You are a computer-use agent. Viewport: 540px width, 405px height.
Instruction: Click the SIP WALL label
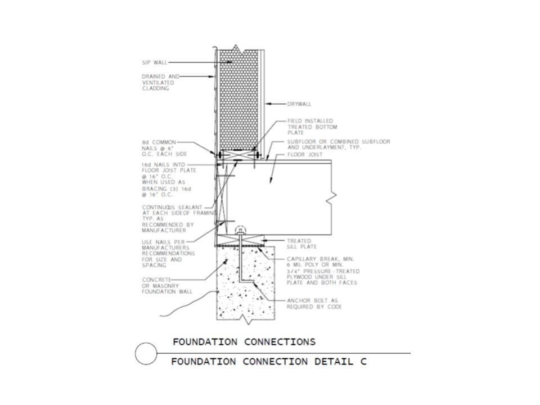click(155, 62)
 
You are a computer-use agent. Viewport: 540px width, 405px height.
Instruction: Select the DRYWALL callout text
click(299, 104)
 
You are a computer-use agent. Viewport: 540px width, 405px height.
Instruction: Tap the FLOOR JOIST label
click(305, 155)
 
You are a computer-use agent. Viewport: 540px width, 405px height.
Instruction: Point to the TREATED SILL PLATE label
click(301, 244)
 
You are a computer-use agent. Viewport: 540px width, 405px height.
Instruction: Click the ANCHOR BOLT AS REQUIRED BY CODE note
click(314, 304)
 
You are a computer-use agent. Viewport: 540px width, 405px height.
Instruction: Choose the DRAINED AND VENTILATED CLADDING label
click(160, 82)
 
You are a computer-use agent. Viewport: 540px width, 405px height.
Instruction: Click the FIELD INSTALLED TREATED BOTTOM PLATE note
click(312, 127)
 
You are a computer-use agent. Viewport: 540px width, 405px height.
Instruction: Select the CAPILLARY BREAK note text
click(323, 271)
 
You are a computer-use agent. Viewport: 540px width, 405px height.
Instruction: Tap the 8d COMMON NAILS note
click(164, 148)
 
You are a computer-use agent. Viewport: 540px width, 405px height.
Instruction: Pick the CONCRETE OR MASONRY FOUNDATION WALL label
click(167, 286)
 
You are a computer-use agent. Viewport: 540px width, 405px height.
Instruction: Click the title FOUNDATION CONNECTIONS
click(244, 342)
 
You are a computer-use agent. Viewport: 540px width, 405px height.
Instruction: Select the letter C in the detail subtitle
click(363, 362)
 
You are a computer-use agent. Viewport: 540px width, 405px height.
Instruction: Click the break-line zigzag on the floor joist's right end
click(333, 196)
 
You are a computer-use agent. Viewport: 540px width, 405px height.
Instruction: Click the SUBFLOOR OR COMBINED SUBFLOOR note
click(339, 145)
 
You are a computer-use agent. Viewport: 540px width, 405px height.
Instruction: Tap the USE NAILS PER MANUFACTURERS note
click(168, 254)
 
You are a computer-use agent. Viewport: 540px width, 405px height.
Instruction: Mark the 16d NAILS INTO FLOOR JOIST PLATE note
click(169, 180)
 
